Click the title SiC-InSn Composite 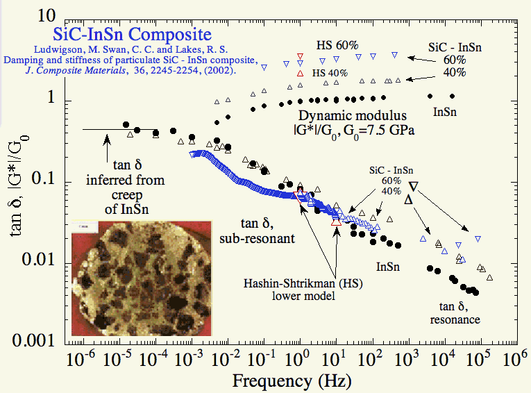click(x=132, y=34)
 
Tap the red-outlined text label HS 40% click(x=330, y=72)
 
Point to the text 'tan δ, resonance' click(x=455, y=312)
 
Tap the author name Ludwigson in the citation click(x=59, y=48)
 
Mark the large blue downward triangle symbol click(x=413, y=186)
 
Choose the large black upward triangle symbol click(x=410, y=200)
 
